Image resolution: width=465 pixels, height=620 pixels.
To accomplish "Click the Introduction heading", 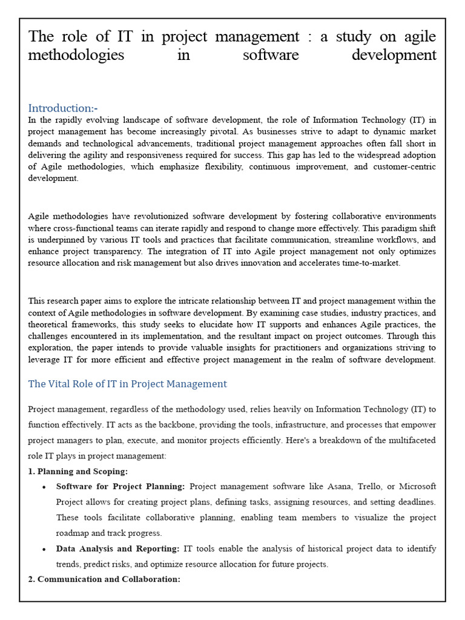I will (x=63, y=108).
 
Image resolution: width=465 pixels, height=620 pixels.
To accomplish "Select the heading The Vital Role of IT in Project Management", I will (x=128, y=384).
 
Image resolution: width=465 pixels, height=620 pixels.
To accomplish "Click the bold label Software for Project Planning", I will (x=120, y=486).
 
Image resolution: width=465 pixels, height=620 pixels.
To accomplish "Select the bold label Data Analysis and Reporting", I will (x=117, y=549).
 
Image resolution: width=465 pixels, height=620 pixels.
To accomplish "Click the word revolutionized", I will (x=157, y=216).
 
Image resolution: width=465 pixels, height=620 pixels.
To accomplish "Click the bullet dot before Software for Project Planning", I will (x=45, y=487).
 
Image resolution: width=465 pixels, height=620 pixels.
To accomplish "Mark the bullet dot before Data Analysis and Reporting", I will (x=45, y=549).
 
